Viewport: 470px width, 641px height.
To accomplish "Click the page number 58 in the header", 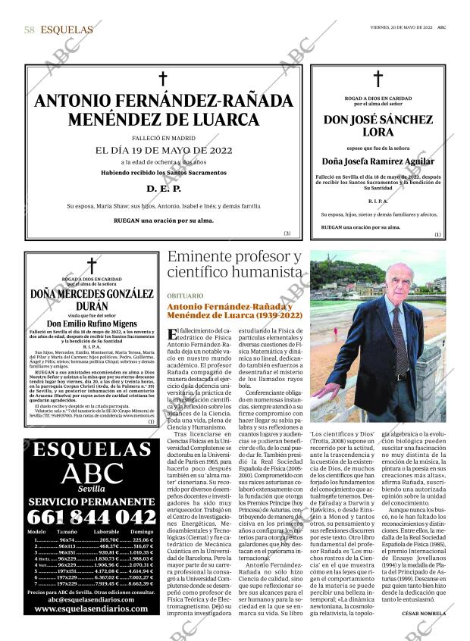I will click(x=30, y=30).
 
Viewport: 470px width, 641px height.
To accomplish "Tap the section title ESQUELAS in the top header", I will click(x=67, y=30).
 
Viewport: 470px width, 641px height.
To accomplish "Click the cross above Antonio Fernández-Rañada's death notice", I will click(x=161, y=78).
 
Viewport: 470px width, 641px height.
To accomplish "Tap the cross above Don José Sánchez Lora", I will click(x=378, y=79).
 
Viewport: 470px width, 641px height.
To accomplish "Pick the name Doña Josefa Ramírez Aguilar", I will click(x=378, y=161).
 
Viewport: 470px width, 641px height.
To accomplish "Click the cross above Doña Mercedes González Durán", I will click(x=92, y=265).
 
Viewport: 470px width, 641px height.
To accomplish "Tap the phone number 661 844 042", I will click(x=91, y=517).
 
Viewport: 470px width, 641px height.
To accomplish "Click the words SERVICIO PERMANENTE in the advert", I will click(x=91, y=501).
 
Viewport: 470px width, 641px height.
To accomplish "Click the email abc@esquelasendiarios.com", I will click(x=91, y=599).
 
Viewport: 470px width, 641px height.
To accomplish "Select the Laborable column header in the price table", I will click(x=105, y=533).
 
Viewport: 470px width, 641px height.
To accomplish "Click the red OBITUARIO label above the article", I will click(x=186, y=295).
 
